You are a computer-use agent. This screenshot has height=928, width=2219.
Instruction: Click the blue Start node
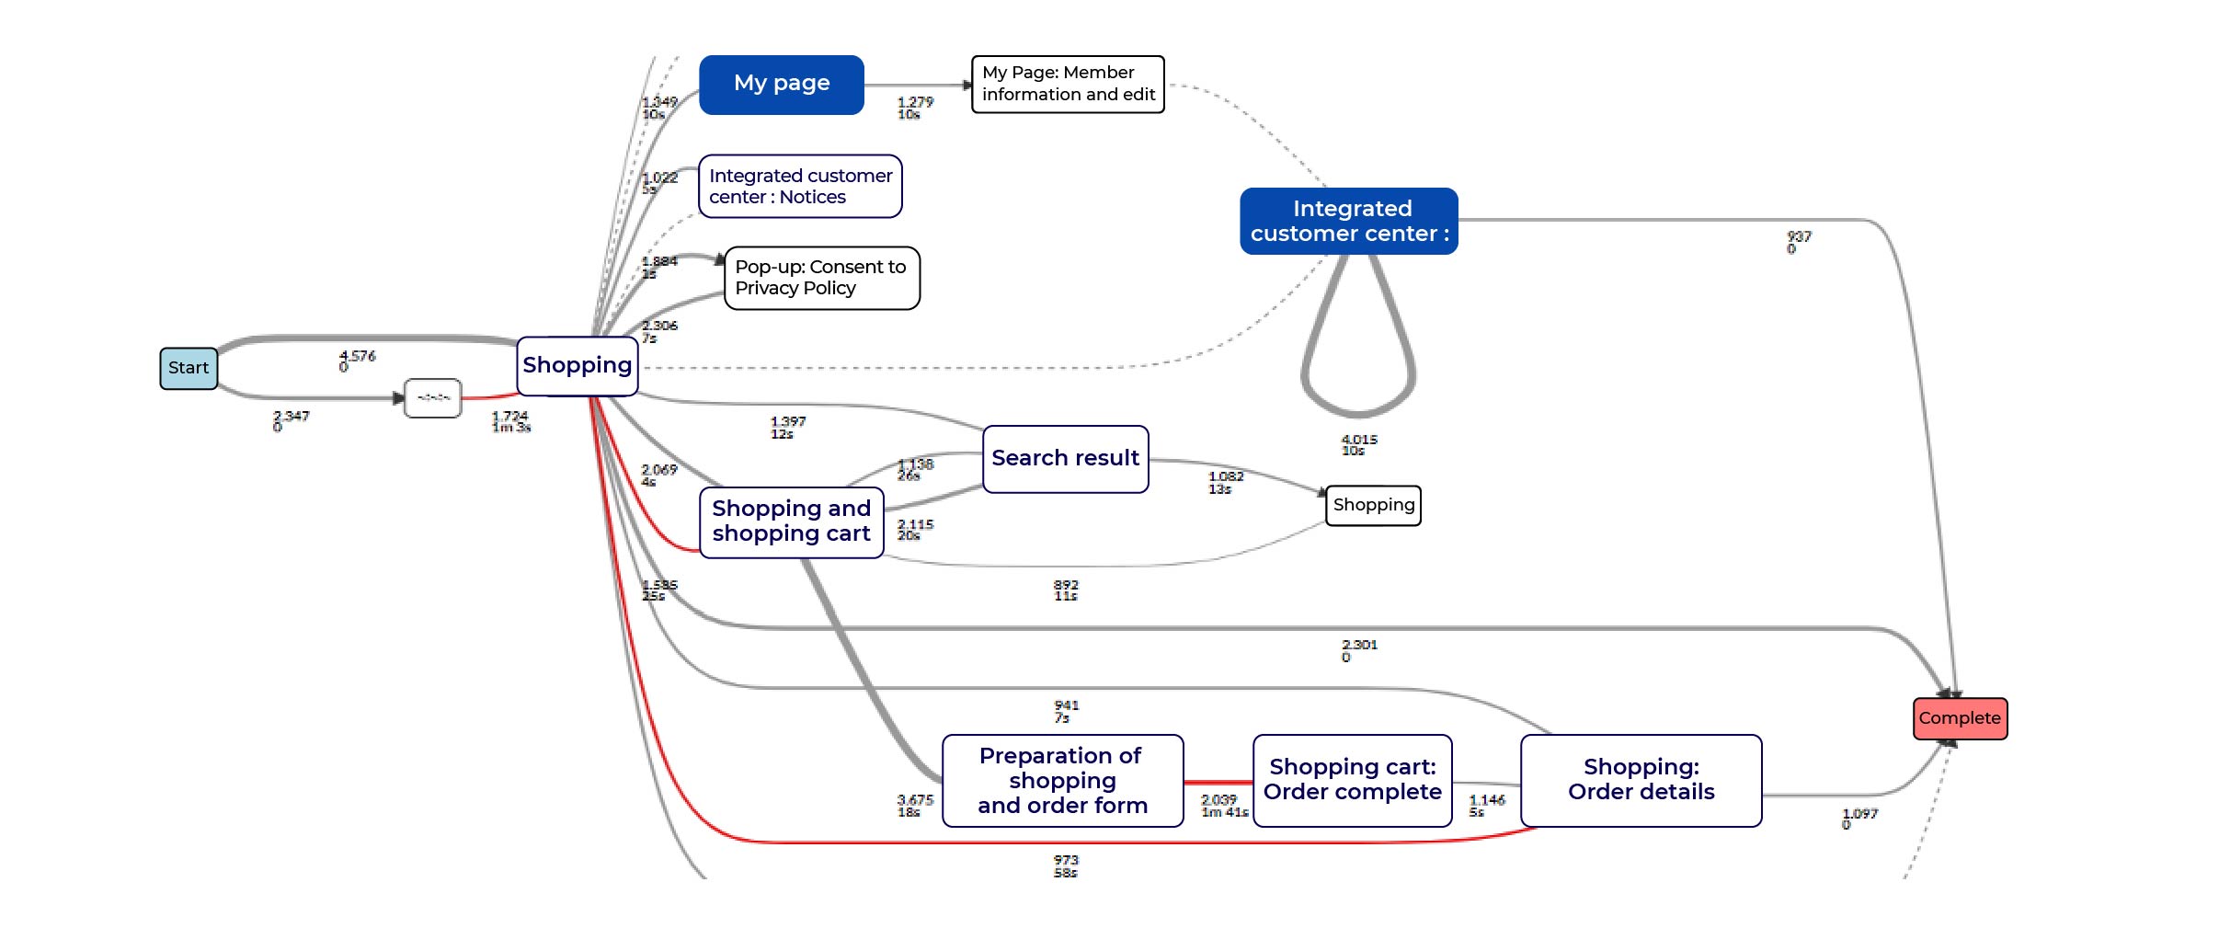tap(189, 368)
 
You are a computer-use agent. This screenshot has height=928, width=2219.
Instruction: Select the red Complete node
tap(1960, 718)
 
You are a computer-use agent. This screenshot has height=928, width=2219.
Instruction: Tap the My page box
tap(782, 85)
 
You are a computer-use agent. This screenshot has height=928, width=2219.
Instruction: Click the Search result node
tap(1065, 458)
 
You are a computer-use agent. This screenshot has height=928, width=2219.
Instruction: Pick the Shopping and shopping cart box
tap(791, 521)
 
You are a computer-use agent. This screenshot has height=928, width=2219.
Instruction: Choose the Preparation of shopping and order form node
tap(1062, 780)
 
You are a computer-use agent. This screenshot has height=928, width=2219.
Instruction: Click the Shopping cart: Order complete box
tap(1352, 780)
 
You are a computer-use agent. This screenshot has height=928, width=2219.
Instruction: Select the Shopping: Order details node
tap(1641, 780)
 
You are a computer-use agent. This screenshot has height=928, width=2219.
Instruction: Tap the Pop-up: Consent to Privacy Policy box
tap(821, 278)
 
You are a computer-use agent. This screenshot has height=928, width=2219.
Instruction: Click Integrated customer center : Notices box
tap(800, 186)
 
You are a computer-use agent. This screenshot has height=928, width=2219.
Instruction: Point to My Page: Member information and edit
tap(1068, 84)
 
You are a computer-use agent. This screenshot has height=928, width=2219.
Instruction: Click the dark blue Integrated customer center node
tap(1348, 221)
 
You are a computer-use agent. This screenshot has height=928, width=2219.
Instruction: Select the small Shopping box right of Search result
tap(1373, 505)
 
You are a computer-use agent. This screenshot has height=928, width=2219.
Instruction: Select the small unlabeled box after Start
tap(433, 398)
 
